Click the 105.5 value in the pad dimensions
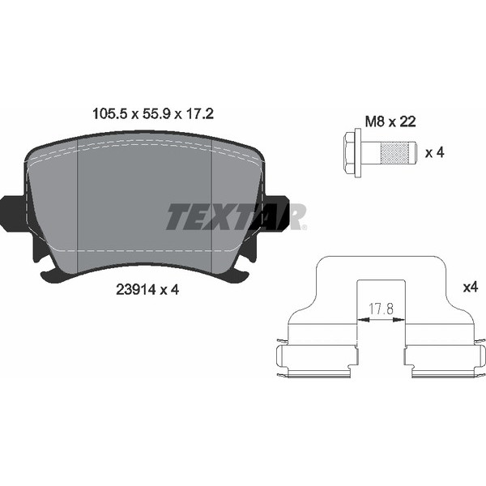[x=110, y=114]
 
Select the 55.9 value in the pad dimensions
[x=156, y=114]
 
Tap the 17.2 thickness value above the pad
[x=199, y=114]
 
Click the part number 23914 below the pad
[x=135, y=290]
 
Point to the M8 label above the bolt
[x=375, y=122]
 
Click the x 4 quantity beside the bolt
[x=434, y=152]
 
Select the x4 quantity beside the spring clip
[x=471, y=288]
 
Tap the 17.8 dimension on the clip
[x=381, y=309]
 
